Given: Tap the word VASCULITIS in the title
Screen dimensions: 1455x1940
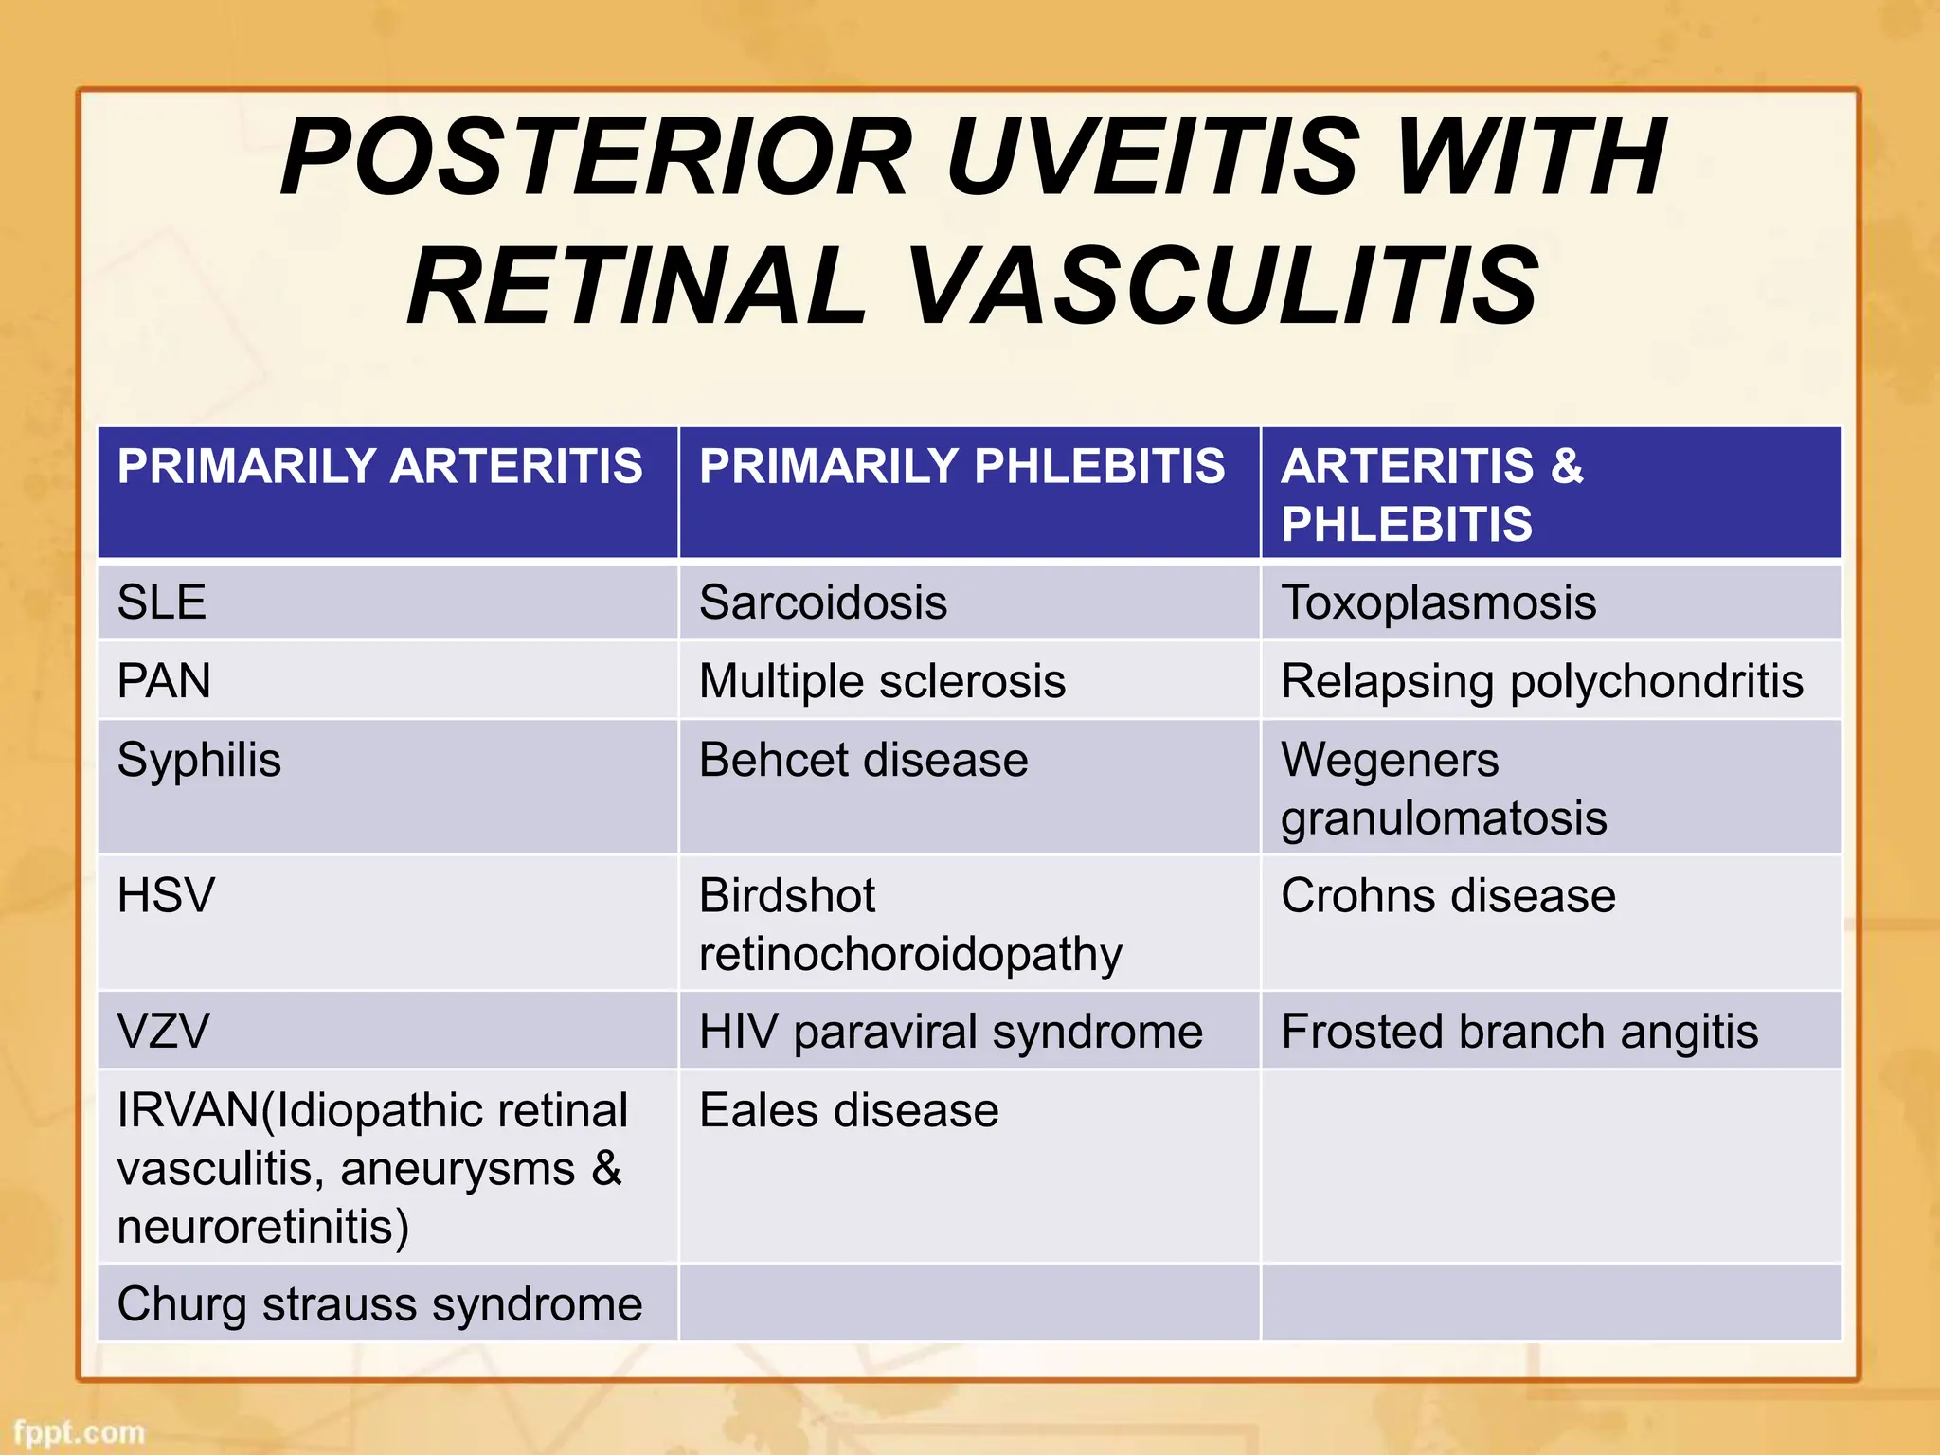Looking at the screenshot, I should coord(1223,286).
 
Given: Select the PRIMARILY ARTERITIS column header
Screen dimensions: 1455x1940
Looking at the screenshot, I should coord(380,467).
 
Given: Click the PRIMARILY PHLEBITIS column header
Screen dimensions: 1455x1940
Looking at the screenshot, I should coord(961,467).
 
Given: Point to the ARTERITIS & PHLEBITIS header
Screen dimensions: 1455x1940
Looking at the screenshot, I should coord(1431,494).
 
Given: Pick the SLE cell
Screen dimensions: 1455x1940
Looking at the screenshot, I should coord(162,602).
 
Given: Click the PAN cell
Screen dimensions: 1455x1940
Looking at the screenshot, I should coord(164,681).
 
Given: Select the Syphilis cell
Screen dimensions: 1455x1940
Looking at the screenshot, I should coord(199,760).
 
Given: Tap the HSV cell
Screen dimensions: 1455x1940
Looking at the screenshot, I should coord(166,896).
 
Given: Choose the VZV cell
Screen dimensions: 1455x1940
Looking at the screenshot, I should coord(163,1032).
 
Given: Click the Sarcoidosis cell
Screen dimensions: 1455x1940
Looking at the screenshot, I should coord(822,602).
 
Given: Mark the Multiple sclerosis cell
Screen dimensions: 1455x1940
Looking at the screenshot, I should coord(882,681).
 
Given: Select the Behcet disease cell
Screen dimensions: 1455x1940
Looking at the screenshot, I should coord(863,760).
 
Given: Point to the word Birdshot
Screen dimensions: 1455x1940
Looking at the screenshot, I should coord(786,896).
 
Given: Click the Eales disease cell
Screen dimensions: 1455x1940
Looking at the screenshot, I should coord(849,1110).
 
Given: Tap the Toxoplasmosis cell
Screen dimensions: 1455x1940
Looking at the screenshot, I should coord(1438,602).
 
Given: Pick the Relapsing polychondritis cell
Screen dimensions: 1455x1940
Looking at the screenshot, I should coord(1541,681).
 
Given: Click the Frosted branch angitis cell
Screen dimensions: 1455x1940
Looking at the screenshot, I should coord(1518,1032).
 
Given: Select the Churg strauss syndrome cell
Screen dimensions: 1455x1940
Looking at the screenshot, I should coord(380,1304).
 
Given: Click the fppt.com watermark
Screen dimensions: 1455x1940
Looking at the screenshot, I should coord(79,1432).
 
